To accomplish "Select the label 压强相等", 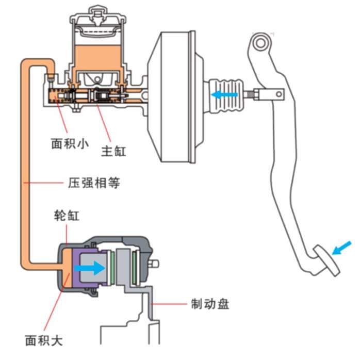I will tap(95, 183).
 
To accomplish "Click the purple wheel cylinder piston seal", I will tap(78, 268).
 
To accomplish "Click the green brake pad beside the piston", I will tap(110, 268).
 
